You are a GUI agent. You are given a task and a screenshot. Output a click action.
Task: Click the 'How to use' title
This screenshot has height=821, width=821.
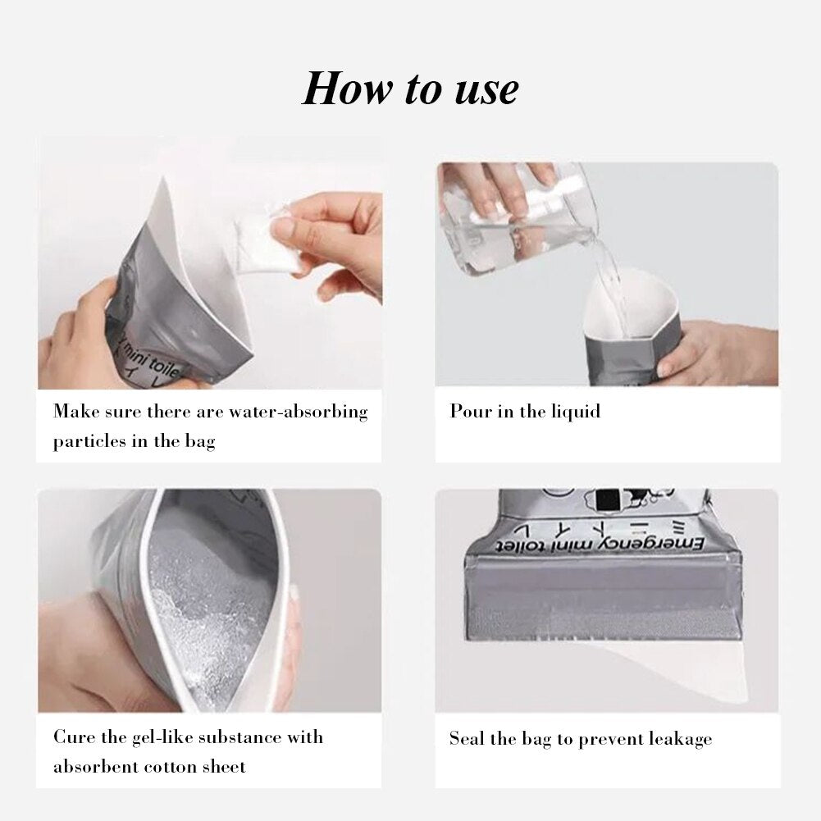[410, 89]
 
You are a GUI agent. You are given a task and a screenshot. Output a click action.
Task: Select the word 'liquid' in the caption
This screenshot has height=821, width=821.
[573, 411]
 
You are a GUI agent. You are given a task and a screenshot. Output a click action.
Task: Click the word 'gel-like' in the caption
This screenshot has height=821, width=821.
[153, 737]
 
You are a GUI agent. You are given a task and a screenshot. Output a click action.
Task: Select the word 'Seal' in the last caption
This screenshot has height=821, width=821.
[467, 738]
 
